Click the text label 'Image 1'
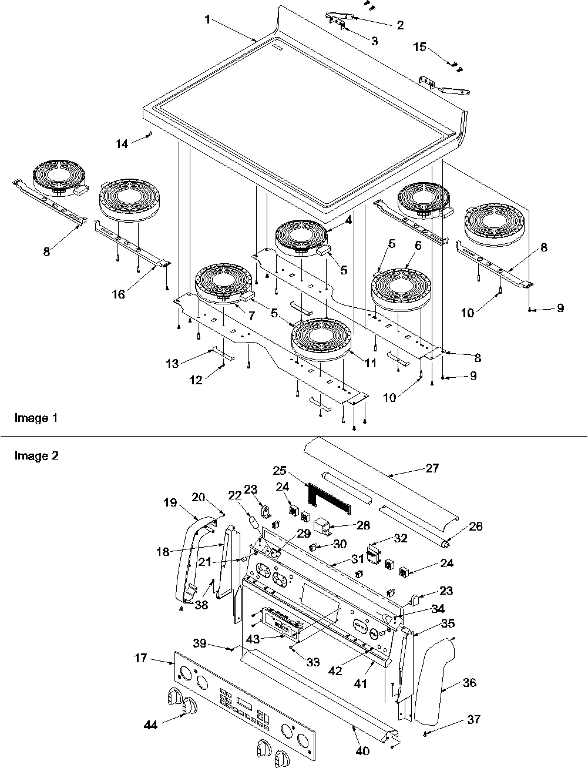click(x=36, y=418)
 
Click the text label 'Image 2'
click(x=36, y=455)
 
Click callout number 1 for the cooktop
click(x=207, y=19)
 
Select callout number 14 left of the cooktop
click(x=122, y=143)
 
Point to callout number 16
click(x=119, y=294)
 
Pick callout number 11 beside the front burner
click(x=370, y=363)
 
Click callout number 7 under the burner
click(x=251, y=315)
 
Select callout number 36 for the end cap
click(x=469, y=683)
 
